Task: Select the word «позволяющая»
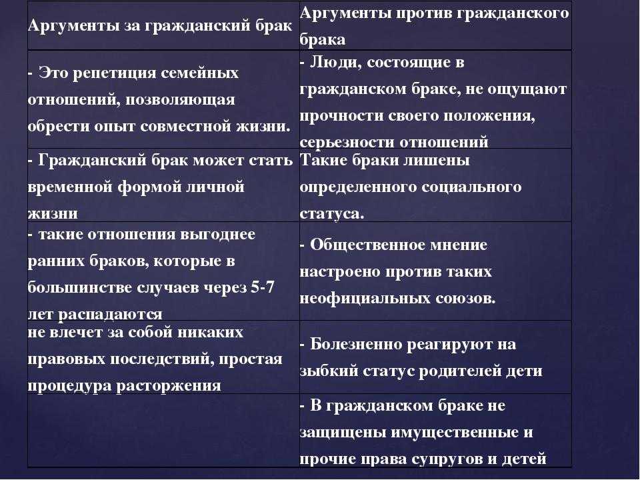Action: pyautogui.click(x=180, y=100)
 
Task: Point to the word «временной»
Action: pyautogui.click(x=70, y=187)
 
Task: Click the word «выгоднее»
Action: pyautogui.click(x=217, y=235)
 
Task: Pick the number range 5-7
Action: pyautogui.click(x=262, y=287)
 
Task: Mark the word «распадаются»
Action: pyautogui.click(x=110, y=314)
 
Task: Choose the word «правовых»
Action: pyautogui.click(x=67, y=359)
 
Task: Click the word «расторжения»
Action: pyautogui.click(x=169, y=386)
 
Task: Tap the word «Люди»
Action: pyautogui.click(x=335, y=63)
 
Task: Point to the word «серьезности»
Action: pyautogui.click(x=347, y=142)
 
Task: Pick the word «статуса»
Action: pyautogui.click(x=331, y=214)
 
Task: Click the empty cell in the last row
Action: pyautogui.click(x=164, y=431)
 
